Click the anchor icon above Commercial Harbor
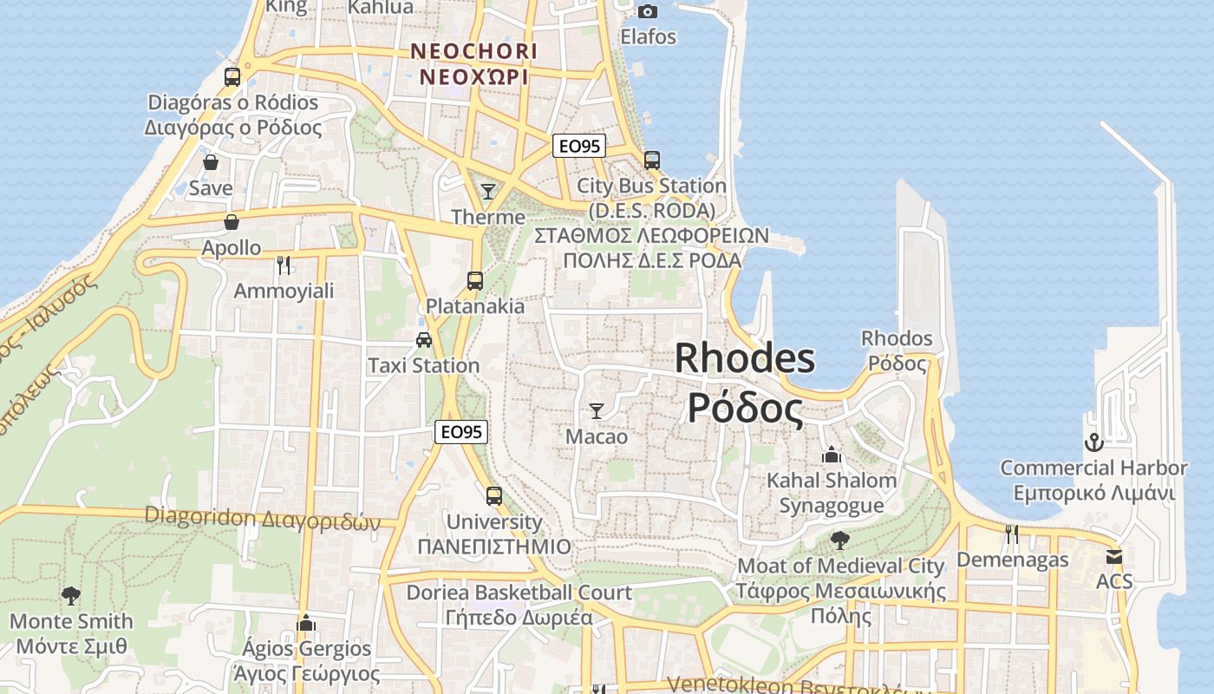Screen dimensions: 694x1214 click(1093, 442)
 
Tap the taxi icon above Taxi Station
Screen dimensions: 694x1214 click(423, 339)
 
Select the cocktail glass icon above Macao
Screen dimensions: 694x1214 click(596, 410)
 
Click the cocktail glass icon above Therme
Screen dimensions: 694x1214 click(488, 191)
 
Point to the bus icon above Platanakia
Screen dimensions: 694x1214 click(474, 280)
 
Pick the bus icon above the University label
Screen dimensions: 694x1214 click(493, 496)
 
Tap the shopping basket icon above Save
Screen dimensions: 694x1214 click(211, 162)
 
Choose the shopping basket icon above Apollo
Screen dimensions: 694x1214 click(231, 222)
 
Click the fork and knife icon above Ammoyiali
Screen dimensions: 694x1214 click(283, 265)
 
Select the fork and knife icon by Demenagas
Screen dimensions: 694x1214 click(1011, 534)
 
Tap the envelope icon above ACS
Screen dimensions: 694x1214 click(1114, 556)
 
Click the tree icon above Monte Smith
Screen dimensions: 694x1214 click(71, 595)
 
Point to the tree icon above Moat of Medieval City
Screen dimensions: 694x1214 click(839, 540)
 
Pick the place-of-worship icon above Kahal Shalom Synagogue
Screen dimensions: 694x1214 click(832, 454)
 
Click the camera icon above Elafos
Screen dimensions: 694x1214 click(648, 11)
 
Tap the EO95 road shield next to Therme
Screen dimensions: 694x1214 click(579, 146)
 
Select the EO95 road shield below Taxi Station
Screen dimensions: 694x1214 click(461, 431)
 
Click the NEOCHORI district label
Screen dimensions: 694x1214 click(474, 51)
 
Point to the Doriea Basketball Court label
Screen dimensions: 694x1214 click(519, 593)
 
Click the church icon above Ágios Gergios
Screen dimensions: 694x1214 click(305, 623)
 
